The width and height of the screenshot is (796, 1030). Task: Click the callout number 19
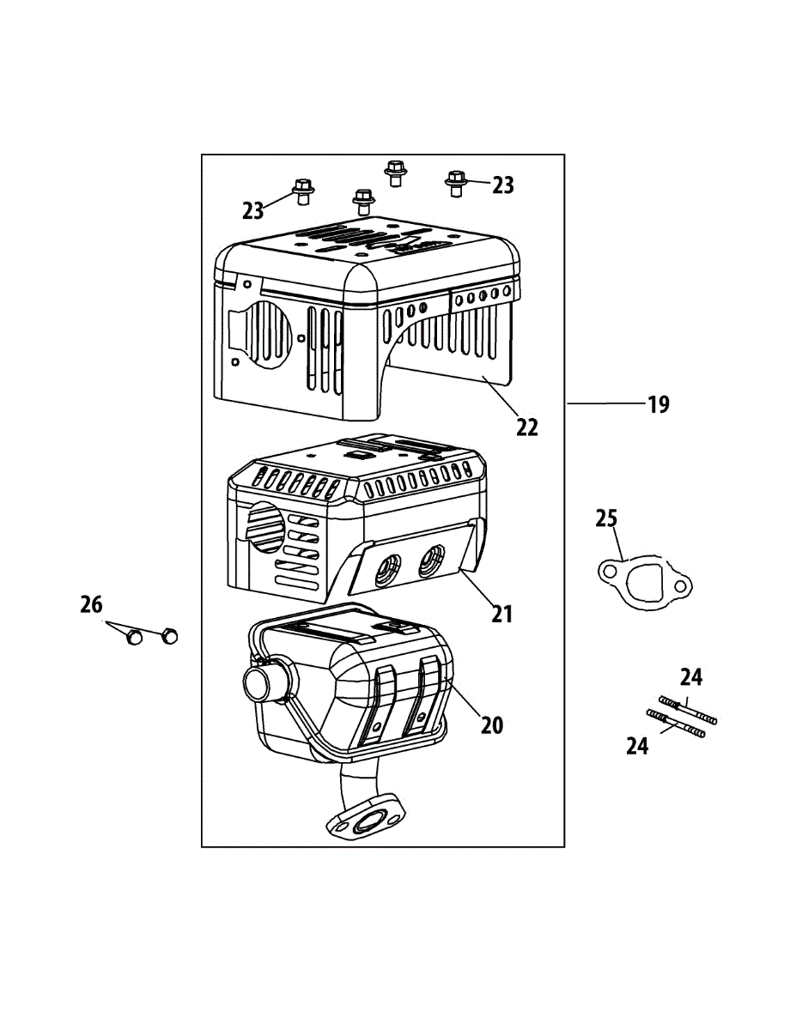pyautogui.click(x=658, y=404)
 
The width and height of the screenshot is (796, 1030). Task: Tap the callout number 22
pyautogui.click(x=526, y=427)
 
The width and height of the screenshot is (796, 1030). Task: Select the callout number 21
pyautogui.click(x=502, y=613)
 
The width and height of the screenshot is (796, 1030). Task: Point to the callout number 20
pyautogui.click(x=492, y=725)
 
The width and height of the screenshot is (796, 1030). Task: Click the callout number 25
pyautogui.click(x=607, y=519)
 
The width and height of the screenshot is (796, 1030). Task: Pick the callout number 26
pyautogui.click(x=91, y=606)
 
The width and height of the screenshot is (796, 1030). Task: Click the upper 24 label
pyautogui.click(x=691, y=678)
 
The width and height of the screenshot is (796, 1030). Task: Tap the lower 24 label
pyautogui.click(x=637, y=747)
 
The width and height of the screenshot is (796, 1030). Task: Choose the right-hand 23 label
pyautogui.click(x=503, y=185)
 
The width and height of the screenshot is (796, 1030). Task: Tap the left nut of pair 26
pyautogui.click(x=134, y=637)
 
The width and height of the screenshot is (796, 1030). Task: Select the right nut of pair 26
pyautogui.click(x=169, y=635)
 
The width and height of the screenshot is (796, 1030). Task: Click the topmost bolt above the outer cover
pyautogui.click(x=395, y=171)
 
